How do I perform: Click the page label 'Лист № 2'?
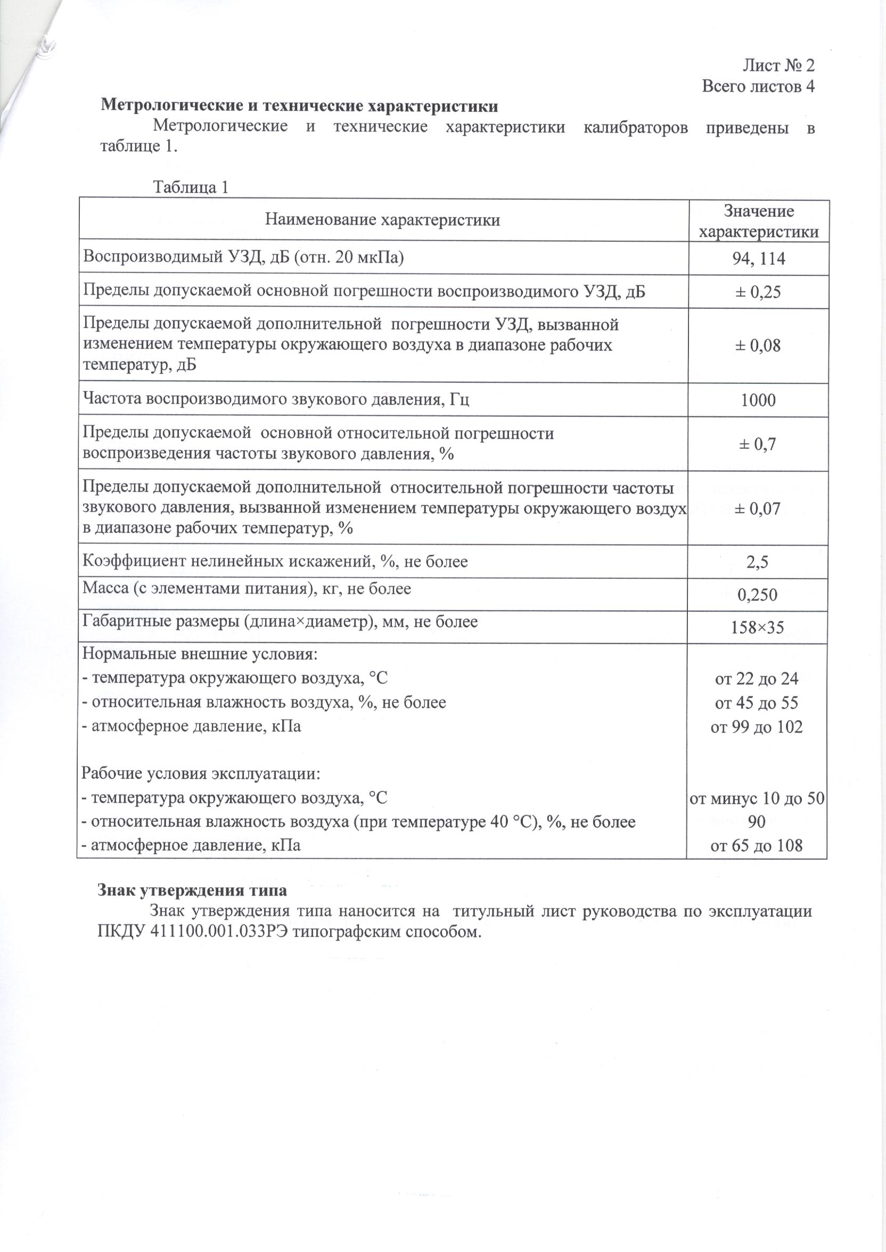click(778, 65)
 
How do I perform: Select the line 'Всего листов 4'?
click(758, 86)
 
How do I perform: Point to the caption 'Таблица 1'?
click(191, 187)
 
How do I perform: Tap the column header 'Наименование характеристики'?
click(382, 220)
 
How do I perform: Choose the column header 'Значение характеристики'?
click(758, 221)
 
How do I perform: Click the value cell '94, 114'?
click(758, 259)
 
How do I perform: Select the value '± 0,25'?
click(758, 292)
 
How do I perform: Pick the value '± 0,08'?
click(758, 345)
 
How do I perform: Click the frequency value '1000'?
click(758, 400)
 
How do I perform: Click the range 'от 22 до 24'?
click(757, 679)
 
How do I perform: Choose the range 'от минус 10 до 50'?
click(757, 799)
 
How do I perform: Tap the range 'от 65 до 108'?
click(757, 846)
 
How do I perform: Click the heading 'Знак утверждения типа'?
click(192, 891)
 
